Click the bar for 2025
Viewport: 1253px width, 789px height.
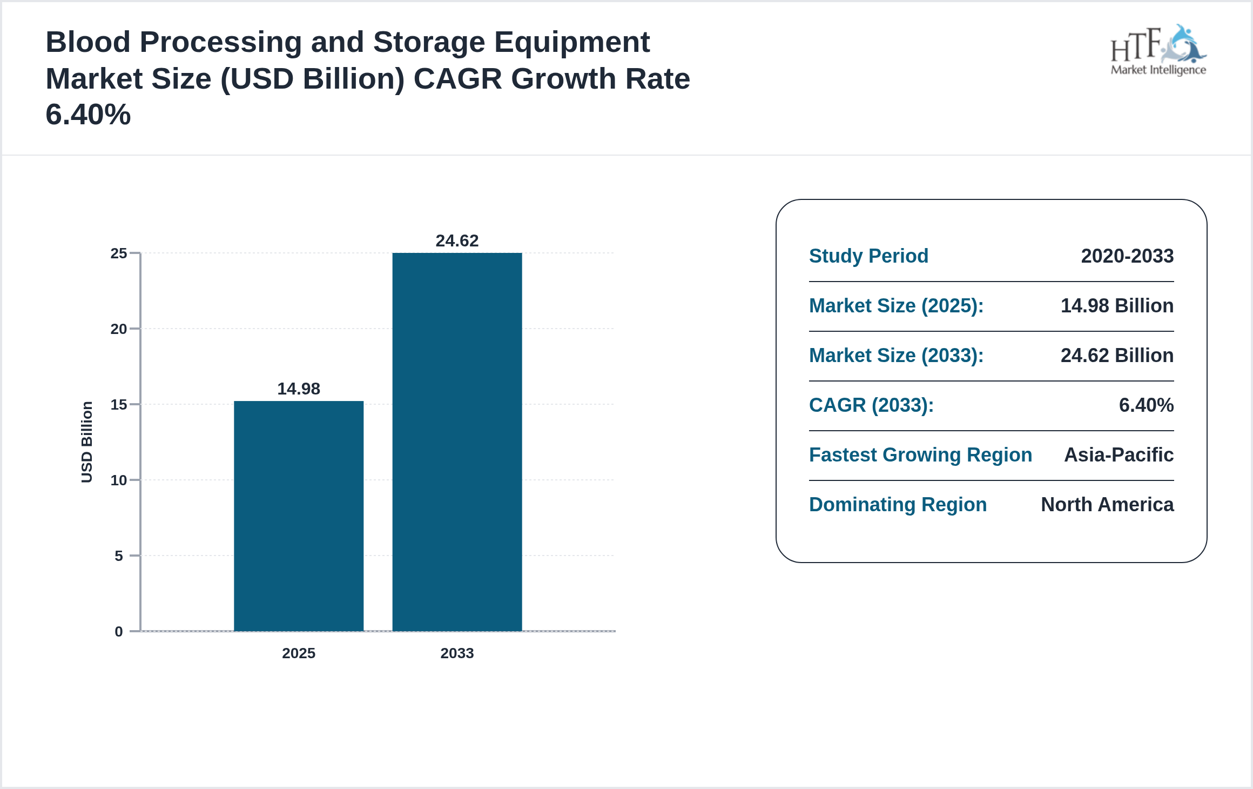[299, 516]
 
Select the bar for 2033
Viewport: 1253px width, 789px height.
[457, 442]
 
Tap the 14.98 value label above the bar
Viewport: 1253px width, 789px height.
[299, 389]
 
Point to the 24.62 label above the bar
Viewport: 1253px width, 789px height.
[457, 240]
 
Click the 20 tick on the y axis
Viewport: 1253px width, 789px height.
[119, 329]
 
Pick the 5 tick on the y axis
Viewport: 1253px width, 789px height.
[119, 556]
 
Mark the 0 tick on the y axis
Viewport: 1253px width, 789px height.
[119, 631]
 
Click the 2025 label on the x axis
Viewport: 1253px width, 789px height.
[299, 653]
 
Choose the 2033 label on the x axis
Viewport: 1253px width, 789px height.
[457, 653]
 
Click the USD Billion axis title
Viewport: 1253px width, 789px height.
[87, 442]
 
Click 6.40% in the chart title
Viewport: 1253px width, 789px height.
[88, 115]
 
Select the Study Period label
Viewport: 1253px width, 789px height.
[868, 256]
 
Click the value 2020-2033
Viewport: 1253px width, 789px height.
[1127, 256]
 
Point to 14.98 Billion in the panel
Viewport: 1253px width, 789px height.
[1117, 305]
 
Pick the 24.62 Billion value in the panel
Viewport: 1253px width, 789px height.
[1117, 355]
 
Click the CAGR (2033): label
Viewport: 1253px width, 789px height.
[871, 405]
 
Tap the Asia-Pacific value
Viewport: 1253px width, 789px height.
[1119, 454]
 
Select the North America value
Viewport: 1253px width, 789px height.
[1107, 504]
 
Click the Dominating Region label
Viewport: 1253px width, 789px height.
[898, 504]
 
